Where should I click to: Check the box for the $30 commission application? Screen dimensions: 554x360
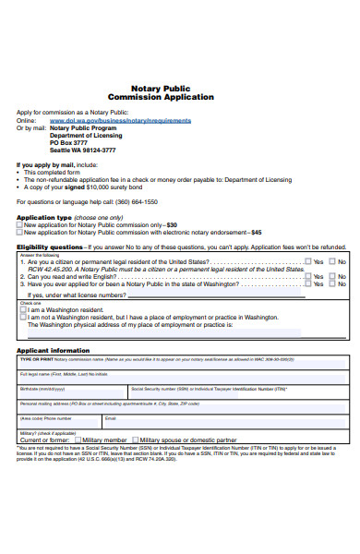click(19, 224)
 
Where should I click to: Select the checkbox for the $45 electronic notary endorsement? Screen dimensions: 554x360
click(19, 233)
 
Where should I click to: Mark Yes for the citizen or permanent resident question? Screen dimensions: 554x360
click(308, 262)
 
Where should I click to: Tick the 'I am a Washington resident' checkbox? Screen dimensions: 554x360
click(23, 309)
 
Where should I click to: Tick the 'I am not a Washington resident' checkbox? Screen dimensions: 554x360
click(23, 317)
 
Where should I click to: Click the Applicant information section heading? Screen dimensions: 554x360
click(53, 351)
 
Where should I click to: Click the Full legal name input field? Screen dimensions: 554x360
click(180, 378)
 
